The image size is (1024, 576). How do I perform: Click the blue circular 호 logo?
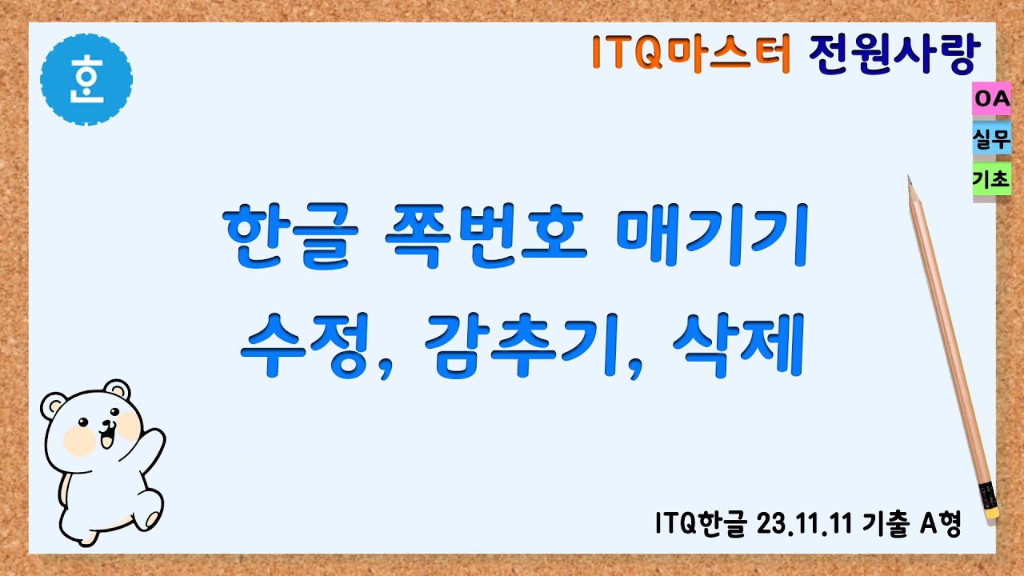86,79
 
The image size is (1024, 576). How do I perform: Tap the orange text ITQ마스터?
692,53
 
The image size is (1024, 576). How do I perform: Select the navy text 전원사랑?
892,53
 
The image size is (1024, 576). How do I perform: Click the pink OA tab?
992,100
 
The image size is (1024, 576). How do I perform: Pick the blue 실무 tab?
992,140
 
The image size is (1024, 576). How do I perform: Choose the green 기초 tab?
992,180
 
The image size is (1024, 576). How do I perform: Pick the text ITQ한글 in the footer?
701,525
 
